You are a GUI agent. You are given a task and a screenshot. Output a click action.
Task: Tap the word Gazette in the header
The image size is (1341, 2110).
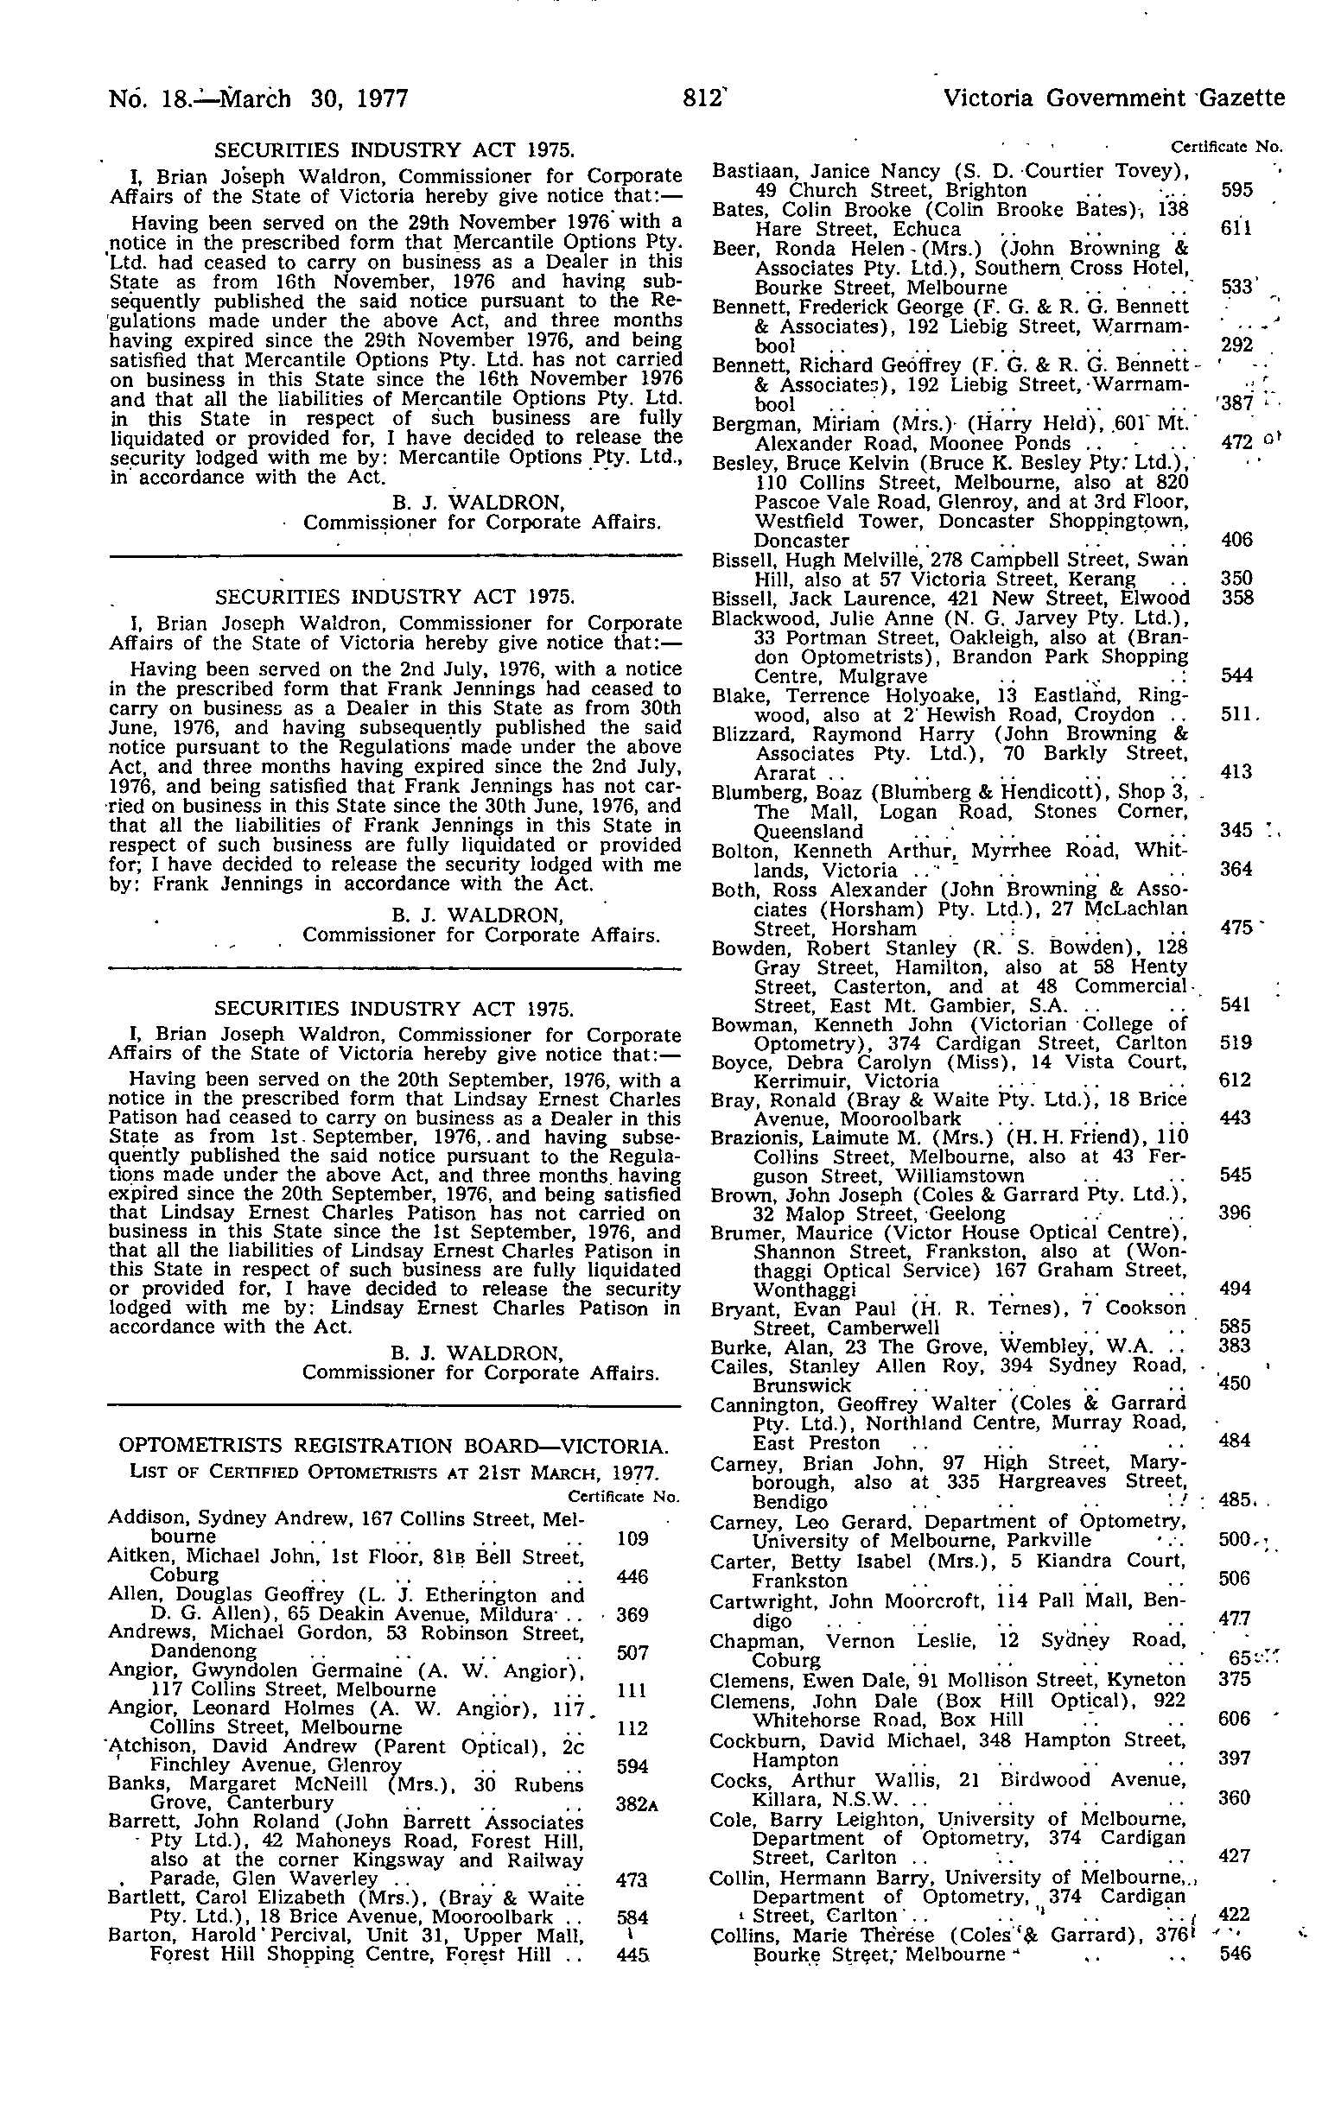[1242, 98]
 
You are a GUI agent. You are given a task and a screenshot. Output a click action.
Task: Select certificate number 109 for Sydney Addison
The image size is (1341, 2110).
[632, 1537]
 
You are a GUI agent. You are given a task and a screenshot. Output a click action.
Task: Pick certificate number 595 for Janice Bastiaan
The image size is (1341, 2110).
[1236, 190]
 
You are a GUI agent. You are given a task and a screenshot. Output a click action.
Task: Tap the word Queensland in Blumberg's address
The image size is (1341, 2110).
[808, 831]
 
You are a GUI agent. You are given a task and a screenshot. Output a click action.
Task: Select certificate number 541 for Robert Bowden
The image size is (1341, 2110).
[1236, 1004]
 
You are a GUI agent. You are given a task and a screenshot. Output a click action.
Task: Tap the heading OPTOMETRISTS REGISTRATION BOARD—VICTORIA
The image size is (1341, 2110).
[394, 1445]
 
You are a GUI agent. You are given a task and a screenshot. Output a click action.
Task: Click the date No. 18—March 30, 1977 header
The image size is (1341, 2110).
[258, 98]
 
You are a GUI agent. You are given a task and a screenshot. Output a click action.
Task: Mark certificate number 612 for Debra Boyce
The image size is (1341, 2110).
[1236, 1080]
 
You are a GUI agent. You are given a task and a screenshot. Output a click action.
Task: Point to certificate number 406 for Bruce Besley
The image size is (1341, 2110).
[1236, 540]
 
